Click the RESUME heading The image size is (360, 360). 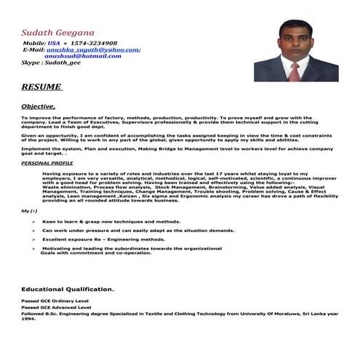(x=41, y=87)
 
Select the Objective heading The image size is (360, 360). (x=38, y=106)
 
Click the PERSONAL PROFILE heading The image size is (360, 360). (x=47, y=164)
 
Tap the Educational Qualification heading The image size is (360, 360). (x=67, y=289)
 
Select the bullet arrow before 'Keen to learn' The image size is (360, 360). (x=33, y=221)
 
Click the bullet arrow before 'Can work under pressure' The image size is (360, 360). (x=33, y=230)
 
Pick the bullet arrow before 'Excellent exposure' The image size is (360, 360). (x=33, y=239)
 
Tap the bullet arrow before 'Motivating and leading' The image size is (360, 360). (x=33, y=248)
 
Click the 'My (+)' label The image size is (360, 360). (x=30, y=210)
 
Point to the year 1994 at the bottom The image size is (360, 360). (x=28, y=319)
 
